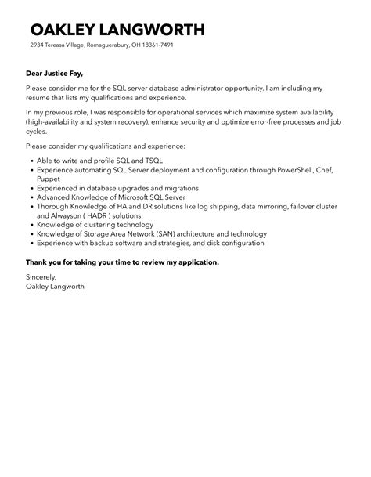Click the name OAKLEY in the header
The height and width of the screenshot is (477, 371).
[x=65, y=30]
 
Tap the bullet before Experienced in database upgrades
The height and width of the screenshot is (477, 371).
[x=29, y=189]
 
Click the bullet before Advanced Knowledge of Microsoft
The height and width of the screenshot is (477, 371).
[x=29, y=198]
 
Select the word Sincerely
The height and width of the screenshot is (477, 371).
[x=41, y=276]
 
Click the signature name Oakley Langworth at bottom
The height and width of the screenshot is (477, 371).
[x=55, y=286]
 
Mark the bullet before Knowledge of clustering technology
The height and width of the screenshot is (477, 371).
[x=29, y=223]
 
